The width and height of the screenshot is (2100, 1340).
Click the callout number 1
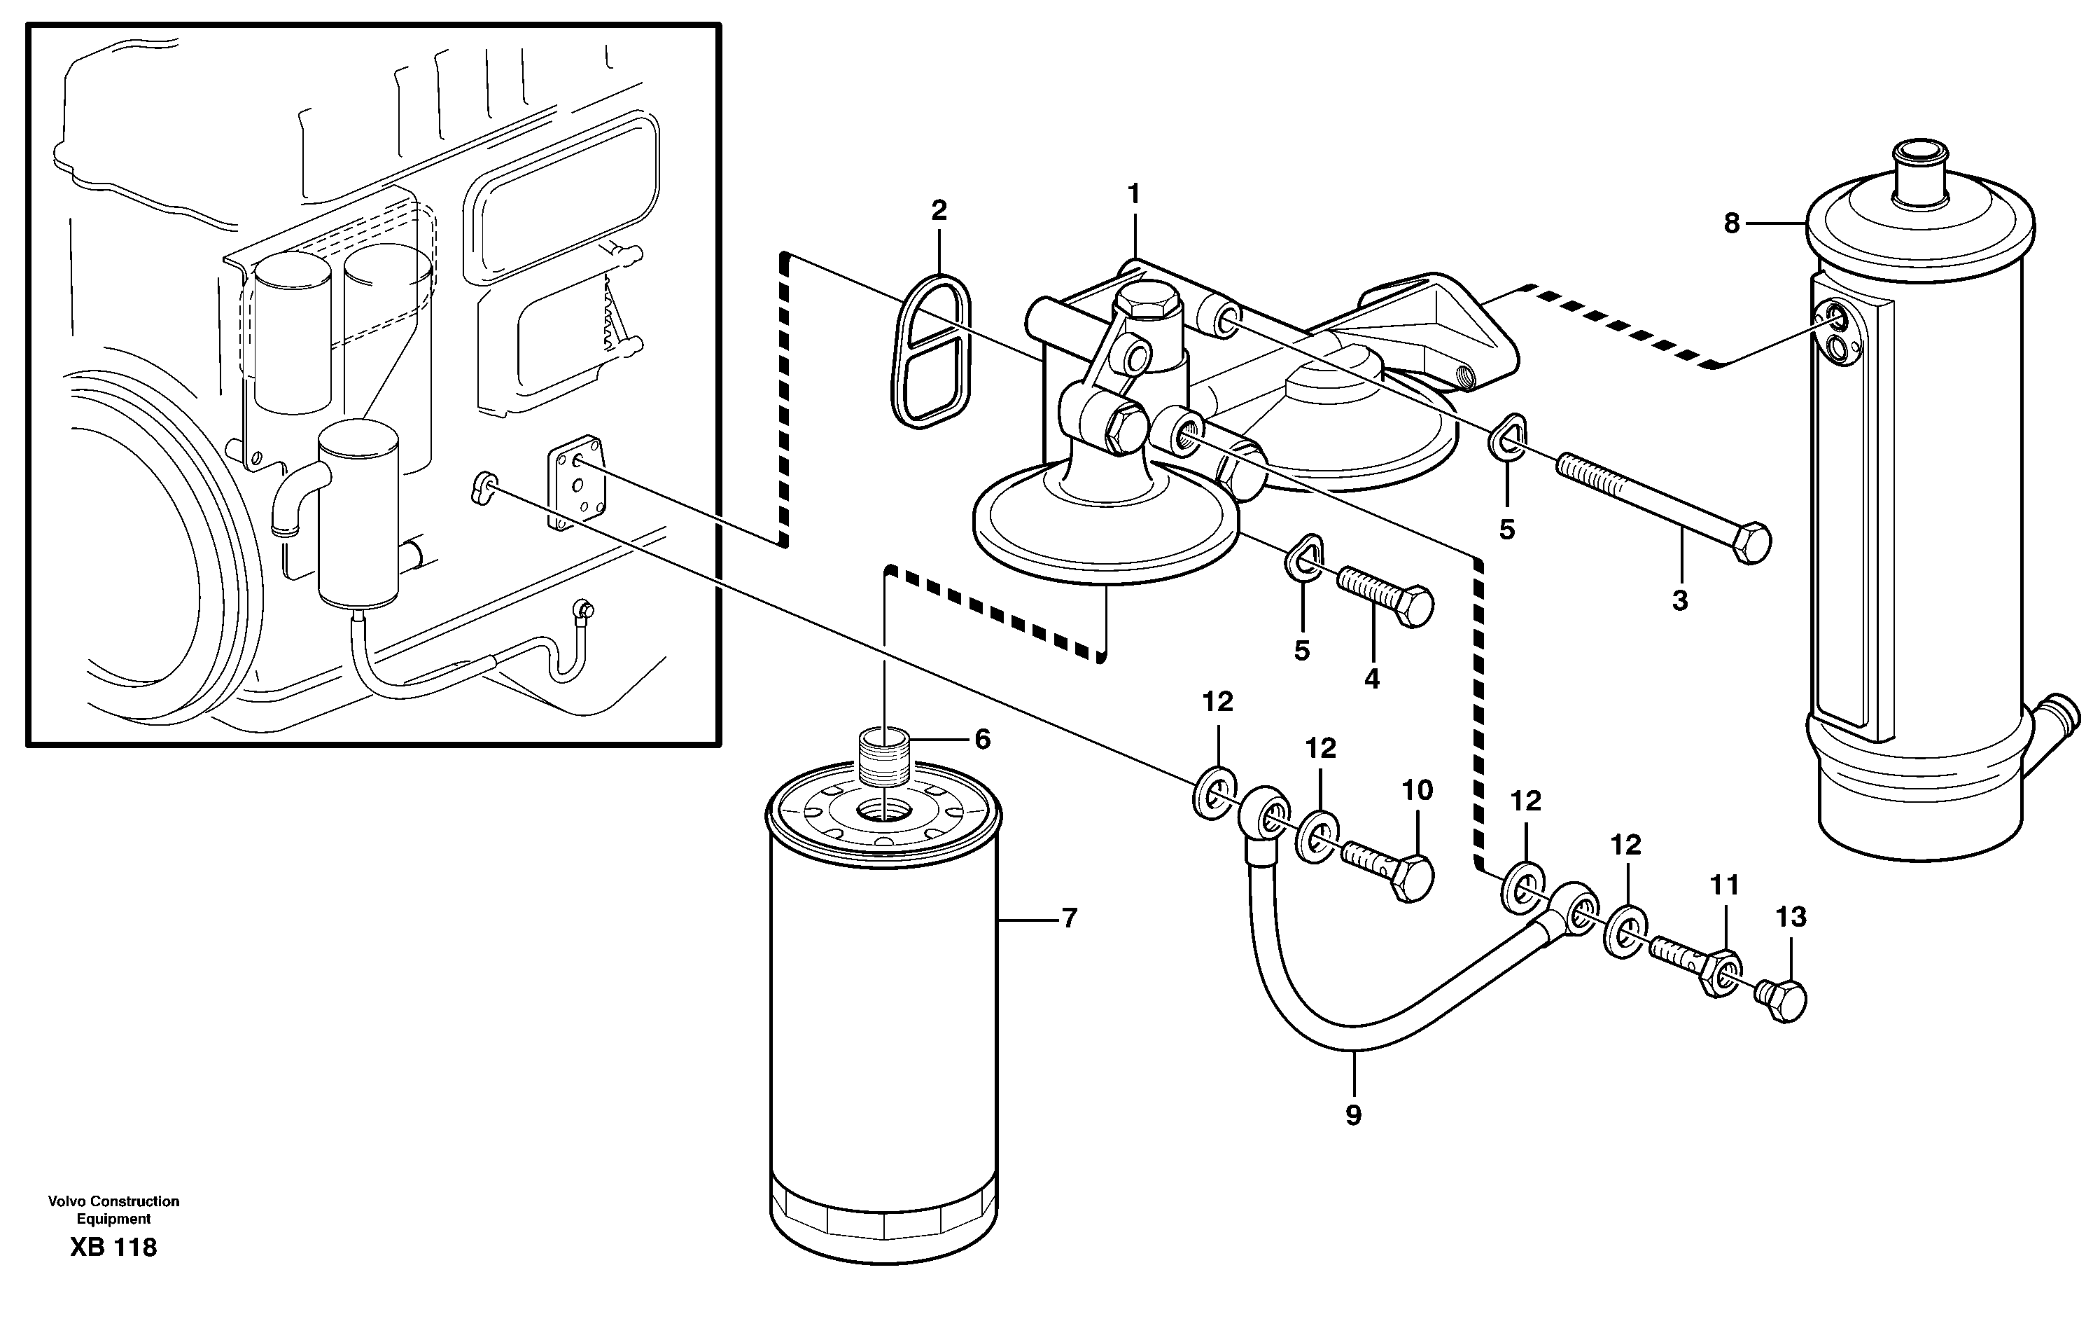point(1134,193)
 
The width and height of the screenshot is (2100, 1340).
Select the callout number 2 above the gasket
point(939,210)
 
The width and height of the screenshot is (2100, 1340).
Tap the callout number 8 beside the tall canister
point(1732,224)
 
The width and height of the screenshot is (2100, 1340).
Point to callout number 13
point(1791,917)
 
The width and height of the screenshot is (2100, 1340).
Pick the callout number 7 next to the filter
point(1069,918)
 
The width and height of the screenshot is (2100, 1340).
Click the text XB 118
point(113,1248)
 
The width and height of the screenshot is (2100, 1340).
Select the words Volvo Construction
point(113,1201)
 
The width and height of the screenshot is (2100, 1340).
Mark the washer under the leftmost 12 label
point(1214,793)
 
